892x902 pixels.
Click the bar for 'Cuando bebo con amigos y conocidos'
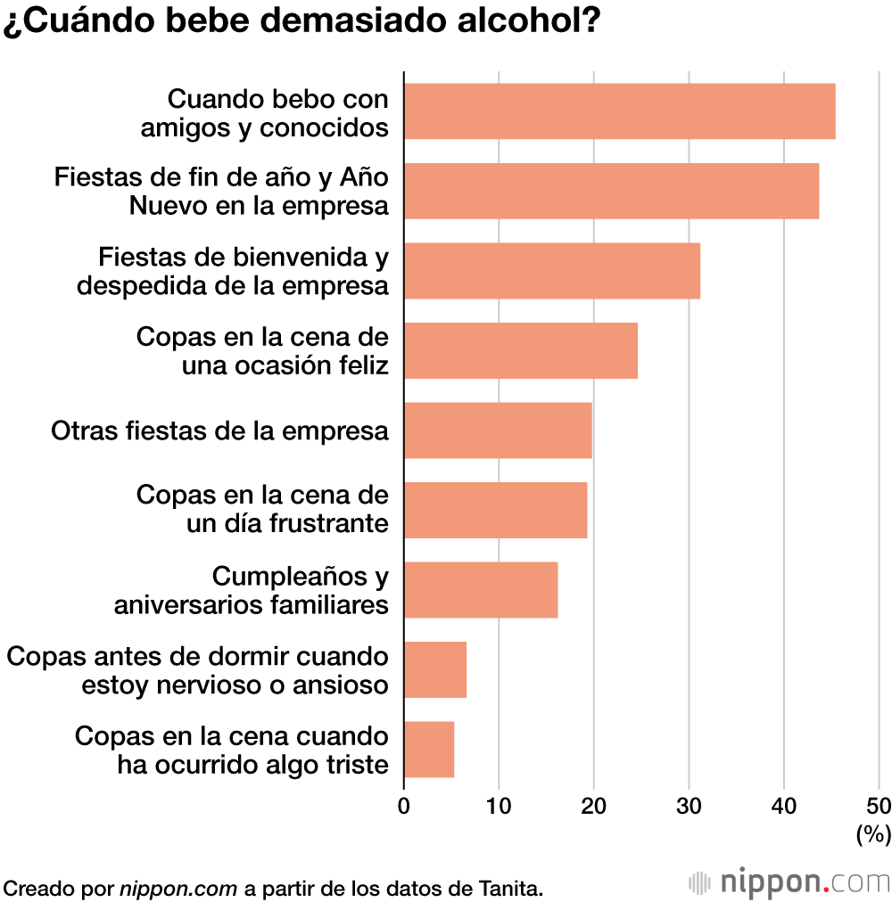(619, 111)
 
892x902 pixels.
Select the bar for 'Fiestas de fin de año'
(611, 191)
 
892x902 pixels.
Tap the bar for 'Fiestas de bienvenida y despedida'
(551, 271)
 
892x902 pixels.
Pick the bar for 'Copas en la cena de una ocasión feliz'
(520, 350)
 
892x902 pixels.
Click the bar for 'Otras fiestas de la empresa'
(498, 430)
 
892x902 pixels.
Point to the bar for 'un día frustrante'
(495, 510)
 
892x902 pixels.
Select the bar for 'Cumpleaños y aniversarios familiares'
(481, 589)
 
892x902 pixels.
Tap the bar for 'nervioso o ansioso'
(435, 669)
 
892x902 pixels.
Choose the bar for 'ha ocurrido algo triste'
(429, 749)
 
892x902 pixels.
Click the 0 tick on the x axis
(404, 807)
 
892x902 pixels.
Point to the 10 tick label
(499, 807)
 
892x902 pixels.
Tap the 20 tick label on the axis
(594, 807)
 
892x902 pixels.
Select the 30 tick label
(689, 807)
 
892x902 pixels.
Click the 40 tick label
(784, 807)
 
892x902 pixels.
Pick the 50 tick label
(878, 807)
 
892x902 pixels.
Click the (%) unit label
(873, 834)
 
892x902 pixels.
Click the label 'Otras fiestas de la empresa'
(219, 430)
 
